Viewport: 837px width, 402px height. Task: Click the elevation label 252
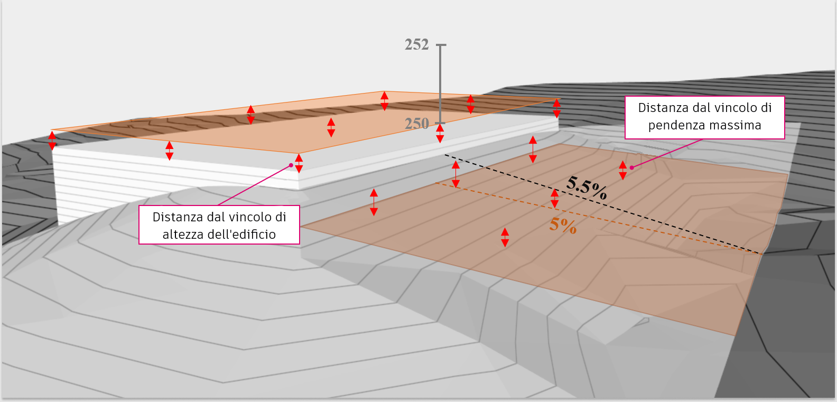tap(416, 44)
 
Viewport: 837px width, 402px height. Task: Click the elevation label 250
tap(416, 124)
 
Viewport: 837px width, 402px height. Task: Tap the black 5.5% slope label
tap(587, 188)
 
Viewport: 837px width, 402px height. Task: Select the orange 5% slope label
tap(563, 225)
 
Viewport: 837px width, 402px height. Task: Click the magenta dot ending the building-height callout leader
tap(291, 165)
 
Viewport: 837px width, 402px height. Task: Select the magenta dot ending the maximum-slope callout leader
tap(632, 168)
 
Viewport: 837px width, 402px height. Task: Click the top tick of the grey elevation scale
tap(441, 45)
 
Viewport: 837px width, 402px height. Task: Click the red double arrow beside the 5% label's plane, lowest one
tap(505, 238)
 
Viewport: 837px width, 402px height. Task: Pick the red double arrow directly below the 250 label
tap(440, 133)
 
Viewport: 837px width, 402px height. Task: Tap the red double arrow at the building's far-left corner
tap(52, 141)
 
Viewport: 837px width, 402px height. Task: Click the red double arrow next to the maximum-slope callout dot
tap(622, 171)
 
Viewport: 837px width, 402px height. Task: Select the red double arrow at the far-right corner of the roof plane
tap(557, 108)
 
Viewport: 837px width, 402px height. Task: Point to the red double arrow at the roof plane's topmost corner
tap(385, 101)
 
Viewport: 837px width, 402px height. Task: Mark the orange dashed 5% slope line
tap(598, 218)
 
